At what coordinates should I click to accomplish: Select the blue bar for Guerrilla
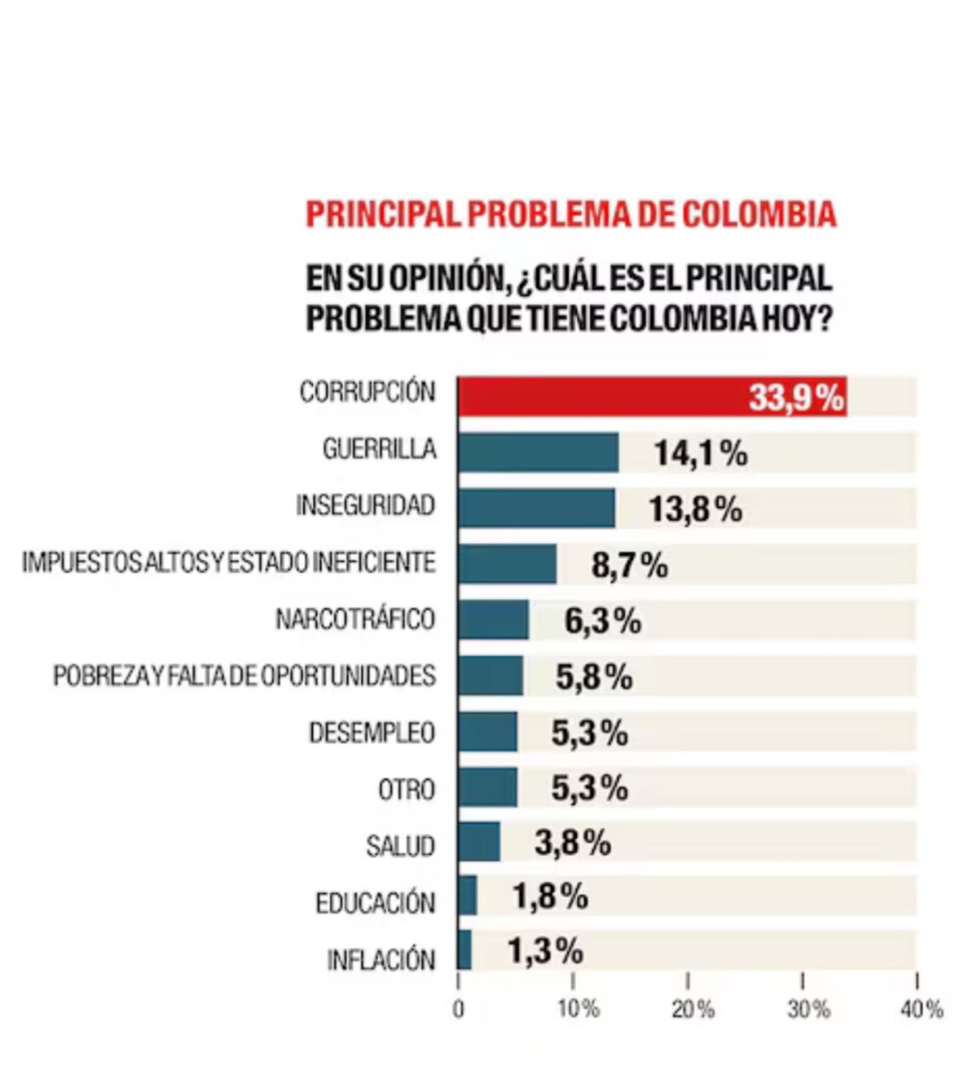click(x=538, y=453)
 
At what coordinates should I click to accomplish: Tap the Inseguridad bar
click(x=536, y=508)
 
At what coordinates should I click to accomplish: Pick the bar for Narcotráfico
click(x=493, y=620)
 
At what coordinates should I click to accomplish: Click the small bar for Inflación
click(x=465, y=951)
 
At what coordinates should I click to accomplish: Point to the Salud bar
click(x=479, y=842)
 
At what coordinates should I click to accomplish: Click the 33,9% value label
click(x=795, y=398)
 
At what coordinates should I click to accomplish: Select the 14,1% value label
click(x=700, y=454)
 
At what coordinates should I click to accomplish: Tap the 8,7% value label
click(x=630, y=565)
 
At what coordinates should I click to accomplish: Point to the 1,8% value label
click(x=550, y=897)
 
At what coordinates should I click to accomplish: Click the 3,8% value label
click(x=572, y=843)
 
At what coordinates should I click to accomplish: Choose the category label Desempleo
click(x=373, y=733)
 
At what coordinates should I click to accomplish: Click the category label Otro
click(x=407, y=789)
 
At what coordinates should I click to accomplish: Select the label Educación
click(x=375, y=903)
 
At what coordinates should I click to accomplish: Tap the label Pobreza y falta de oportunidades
click(x=245, y=677)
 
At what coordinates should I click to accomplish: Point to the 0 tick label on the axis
click(x=458, y=1010)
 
